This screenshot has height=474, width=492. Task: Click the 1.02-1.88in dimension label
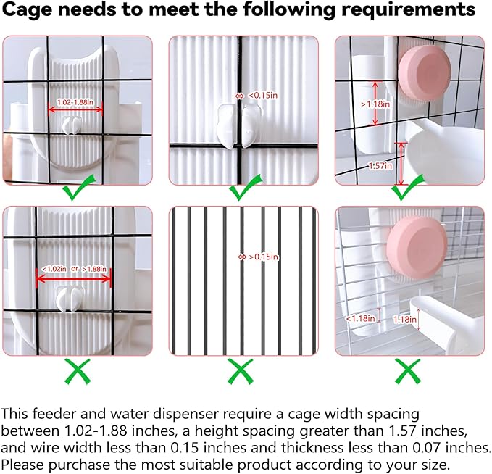coord(75,102)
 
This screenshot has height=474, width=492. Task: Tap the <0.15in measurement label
coord(263,95)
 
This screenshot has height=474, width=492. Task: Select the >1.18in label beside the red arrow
coord(375,104)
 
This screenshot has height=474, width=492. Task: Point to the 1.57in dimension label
coord(380,165)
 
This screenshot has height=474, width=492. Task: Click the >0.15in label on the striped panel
coord(264,257)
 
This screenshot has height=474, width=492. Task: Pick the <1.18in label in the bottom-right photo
coord(360,318)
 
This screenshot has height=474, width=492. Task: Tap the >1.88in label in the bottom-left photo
coord(94,269)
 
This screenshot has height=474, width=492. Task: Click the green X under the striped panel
coord(241,372)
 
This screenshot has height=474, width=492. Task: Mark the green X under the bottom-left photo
coord(78,372)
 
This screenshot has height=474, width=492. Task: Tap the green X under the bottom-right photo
coord(408,372)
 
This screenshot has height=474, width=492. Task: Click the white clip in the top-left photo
coord(72,125)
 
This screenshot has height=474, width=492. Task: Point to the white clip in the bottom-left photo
coord(70,299)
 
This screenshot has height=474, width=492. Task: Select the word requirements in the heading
coord(408,10)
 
